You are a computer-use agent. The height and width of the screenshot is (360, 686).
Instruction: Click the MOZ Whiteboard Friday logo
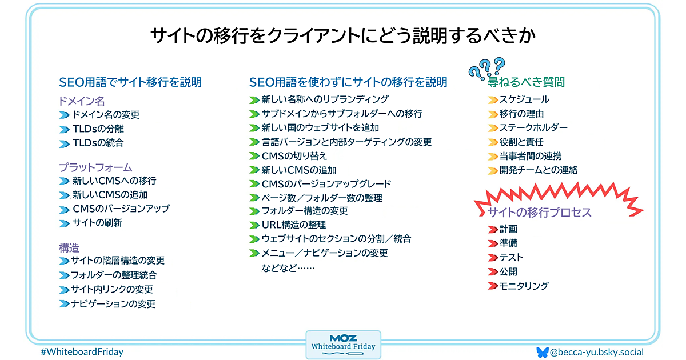coord(344,345)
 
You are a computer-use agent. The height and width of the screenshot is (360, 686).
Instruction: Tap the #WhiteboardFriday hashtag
coord(82,352)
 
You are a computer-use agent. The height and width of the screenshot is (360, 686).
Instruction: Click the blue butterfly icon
coord(543,353)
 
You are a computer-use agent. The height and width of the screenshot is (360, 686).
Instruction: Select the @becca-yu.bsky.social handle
coord(597,352)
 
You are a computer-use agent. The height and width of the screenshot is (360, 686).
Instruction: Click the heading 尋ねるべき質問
coord(526,82)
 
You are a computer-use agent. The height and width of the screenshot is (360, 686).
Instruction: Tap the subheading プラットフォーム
coord(95,167)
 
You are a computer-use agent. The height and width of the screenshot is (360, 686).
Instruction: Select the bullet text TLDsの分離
coord(98,129)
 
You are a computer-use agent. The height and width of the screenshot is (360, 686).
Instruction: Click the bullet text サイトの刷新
coord(97,223)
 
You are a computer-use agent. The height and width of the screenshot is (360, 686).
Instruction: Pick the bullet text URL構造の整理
coord(294,225)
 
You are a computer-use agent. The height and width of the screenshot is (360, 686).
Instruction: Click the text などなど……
coord(288,268)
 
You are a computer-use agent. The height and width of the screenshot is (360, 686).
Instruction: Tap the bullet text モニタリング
coord(524,286)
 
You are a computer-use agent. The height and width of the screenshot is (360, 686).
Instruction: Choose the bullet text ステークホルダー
coord(533,127)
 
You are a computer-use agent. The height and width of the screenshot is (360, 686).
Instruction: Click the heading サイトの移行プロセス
coord(539,212)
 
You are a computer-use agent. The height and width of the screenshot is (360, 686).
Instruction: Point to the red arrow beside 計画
coord(493,229)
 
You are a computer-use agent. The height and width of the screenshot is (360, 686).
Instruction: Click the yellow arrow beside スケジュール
coord(493,100)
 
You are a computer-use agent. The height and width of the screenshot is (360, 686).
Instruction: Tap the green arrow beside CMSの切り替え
coord(254,156)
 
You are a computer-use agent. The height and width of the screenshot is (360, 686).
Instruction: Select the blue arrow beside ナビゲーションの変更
coord(64,304)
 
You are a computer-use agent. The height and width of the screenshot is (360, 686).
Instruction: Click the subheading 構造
coord(69,247)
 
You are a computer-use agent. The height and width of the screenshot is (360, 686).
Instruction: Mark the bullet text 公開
coord(508,271)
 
